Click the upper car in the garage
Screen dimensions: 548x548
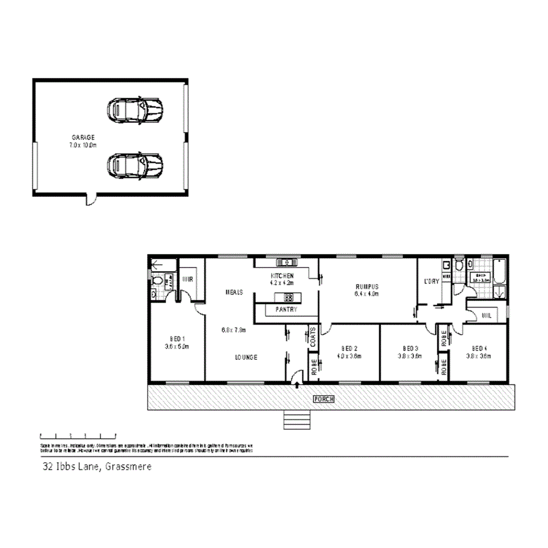coord(134,109)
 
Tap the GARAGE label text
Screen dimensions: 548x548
coord(83,137)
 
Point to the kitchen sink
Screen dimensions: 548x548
coord(286,262)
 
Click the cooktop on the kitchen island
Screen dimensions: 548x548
coord(289,298)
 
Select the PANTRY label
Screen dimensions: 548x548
coord(286,309)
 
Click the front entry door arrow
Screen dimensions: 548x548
coord(297,385)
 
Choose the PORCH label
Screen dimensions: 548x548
coord(323,399)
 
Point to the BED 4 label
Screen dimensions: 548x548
coord(480,347)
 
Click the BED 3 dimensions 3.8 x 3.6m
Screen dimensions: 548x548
coord(409,356)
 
